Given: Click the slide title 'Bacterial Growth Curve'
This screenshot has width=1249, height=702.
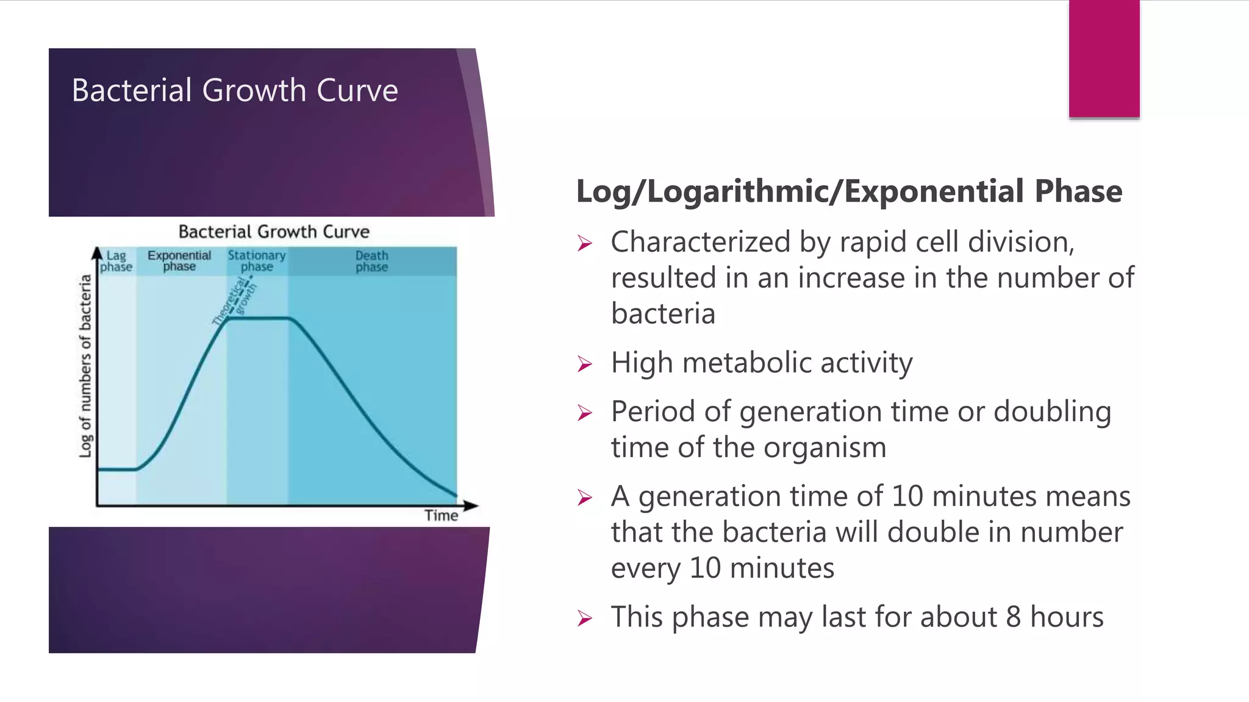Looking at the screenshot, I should (x=235, y=90).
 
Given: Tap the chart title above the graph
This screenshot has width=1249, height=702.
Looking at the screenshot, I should (x=274, y=232).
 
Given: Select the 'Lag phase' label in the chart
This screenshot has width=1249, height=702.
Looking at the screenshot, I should (x=116, y=261).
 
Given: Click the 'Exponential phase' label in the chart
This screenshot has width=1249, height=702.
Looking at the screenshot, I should (x=179, y=261).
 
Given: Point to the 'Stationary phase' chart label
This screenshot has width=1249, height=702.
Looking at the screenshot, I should (x=257, y=261).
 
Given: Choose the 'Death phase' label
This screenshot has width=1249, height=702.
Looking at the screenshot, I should (x=371, y=261).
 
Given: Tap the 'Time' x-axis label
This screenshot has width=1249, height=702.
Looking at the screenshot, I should (x=441, y=516).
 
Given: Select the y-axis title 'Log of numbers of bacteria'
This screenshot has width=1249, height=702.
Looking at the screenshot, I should (x=85, y=366).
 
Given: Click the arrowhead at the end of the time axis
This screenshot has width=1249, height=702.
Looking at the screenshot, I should (x=471, y=505).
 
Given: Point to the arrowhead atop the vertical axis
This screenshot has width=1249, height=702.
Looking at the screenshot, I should (x=97, y=252).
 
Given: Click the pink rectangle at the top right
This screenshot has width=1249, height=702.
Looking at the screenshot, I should (x=1104, y=58).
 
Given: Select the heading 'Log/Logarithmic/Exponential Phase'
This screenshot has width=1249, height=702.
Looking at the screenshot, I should (x=849, y=191).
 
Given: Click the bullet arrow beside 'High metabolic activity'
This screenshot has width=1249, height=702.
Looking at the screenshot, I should (x=585, y=364).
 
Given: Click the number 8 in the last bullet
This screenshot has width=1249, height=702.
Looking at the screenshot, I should (x=1013, y=617).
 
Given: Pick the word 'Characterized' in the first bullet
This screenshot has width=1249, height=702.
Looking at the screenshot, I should (x=700, y=242).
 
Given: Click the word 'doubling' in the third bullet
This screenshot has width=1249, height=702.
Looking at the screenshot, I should (x=1052, y=411).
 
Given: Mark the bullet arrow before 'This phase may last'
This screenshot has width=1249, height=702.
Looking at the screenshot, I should (x=585, y=619).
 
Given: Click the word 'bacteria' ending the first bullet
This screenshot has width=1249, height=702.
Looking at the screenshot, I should (x=663, y=314).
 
